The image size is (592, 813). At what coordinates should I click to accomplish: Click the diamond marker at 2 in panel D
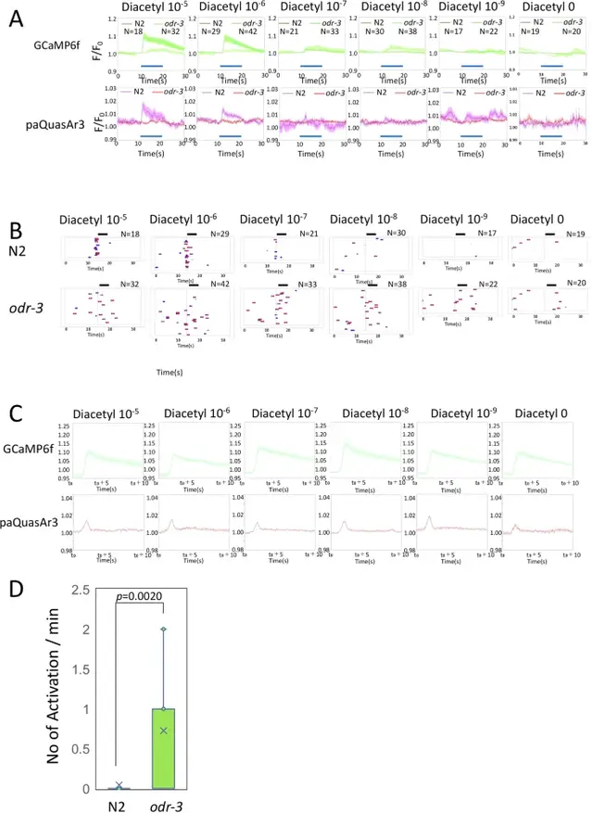pos(163,629)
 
